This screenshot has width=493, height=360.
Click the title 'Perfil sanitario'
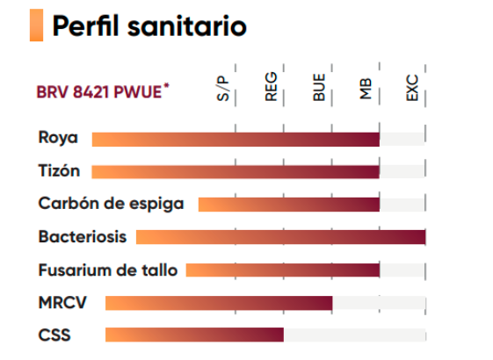[149, 26]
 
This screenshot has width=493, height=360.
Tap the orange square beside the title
[37, 25]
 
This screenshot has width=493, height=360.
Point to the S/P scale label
[223, 89]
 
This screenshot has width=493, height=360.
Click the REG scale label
[271, 87]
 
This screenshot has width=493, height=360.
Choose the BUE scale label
[318, 87]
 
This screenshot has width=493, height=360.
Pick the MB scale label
[366, 89]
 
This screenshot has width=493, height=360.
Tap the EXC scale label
[412, 88]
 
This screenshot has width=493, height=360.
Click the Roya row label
[58, 138]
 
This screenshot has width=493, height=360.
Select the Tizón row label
[59, 170]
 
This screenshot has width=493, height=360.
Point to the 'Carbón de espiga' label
[111, 204]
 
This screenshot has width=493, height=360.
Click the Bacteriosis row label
[83, 236]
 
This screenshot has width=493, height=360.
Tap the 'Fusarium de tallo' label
[108, 270]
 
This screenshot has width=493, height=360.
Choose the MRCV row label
[62, 303]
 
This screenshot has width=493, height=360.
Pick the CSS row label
[54, 335]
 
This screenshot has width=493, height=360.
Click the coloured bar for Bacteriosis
[280, 237]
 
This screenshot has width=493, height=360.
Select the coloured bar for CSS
[194, 335]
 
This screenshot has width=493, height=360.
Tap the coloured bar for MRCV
[219, 303]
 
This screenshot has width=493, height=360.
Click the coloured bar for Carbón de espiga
[289, 205]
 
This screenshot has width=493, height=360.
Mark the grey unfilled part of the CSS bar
[355, 335]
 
